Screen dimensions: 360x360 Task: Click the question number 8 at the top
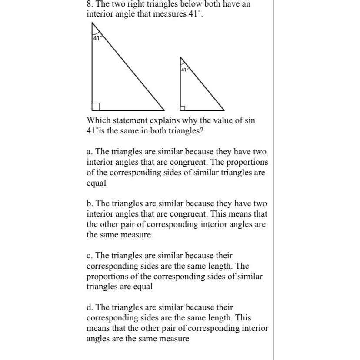(89, 4)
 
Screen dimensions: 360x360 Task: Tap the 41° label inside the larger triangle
(97, 38)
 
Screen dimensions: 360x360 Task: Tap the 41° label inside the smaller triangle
(183, 70)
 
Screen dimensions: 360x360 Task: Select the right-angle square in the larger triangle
(96, 107)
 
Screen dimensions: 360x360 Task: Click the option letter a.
(89, 152)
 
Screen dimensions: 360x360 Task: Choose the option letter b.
(89, 203)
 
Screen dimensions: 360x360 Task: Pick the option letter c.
(89, 256)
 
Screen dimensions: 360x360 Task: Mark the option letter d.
(89, 307)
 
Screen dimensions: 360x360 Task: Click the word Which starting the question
(98, 120)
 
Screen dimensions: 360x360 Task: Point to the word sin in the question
(250, 120)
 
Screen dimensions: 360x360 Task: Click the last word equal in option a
(96, 183)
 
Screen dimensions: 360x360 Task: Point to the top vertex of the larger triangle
(92, 23)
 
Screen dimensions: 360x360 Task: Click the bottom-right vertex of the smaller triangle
(224, 110)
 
